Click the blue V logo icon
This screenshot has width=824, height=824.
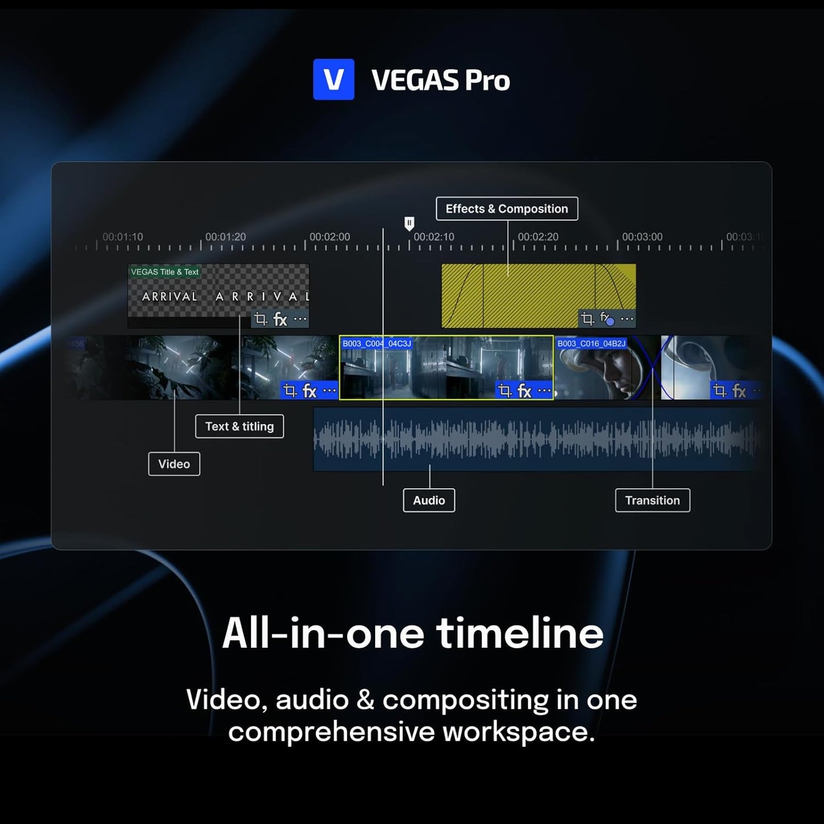pos(334,79)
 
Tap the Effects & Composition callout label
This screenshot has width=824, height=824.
pos(506,209)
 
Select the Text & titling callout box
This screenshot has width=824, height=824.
pos(240,427)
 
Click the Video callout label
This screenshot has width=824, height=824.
pos(174,464)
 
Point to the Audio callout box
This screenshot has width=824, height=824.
pos(429,501)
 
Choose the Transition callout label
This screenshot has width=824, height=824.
pos(652,501)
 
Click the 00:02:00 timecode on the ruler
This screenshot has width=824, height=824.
pos(330,237)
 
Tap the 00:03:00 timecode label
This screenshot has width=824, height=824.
pos(642,237)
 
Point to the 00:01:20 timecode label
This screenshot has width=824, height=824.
pos(225,237)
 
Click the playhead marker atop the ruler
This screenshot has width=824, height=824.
pos(409,223)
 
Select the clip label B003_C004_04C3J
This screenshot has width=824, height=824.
pos(376,344)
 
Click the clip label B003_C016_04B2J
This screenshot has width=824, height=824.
pos(591,344)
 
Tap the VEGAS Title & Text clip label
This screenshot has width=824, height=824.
pos(165,272)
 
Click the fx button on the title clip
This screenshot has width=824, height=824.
pos(280,319)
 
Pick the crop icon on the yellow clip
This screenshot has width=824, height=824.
pos(587,319)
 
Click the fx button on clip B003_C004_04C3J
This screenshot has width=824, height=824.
pos(524,391)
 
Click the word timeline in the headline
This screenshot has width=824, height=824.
pos(519,634)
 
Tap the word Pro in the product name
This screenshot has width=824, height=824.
pos(487,80)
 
